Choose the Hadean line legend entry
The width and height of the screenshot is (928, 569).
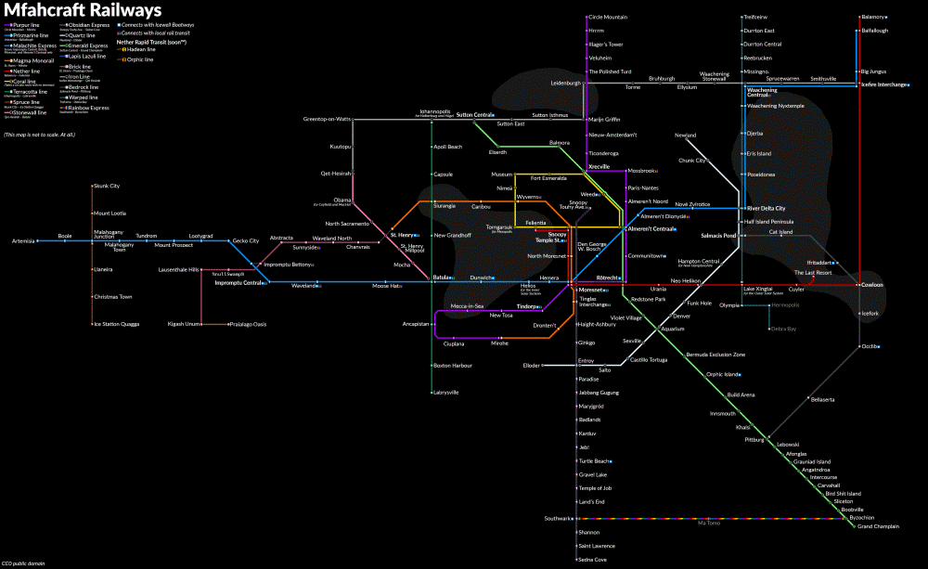pos(140,49)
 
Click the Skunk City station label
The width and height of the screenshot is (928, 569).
pos(109,186)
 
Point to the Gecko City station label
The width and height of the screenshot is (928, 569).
pos(246,240)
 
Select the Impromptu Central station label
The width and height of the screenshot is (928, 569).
pos(239,283)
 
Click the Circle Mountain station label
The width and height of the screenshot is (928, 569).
pos(608,17)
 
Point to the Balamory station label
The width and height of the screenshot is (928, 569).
pos(874,17)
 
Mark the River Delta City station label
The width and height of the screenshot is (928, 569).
pos(767,208)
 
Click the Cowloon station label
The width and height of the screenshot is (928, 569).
pos(872,284)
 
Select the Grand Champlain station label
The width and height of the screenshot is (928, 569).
pos(879,526)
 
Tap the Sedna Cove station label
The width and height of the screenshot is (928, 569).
pos(592,560)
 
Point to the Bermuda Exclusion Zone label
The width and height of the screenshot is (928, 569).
pos(715,355)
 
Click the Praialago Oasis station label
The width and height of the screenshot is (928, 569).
pos(248,324)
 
